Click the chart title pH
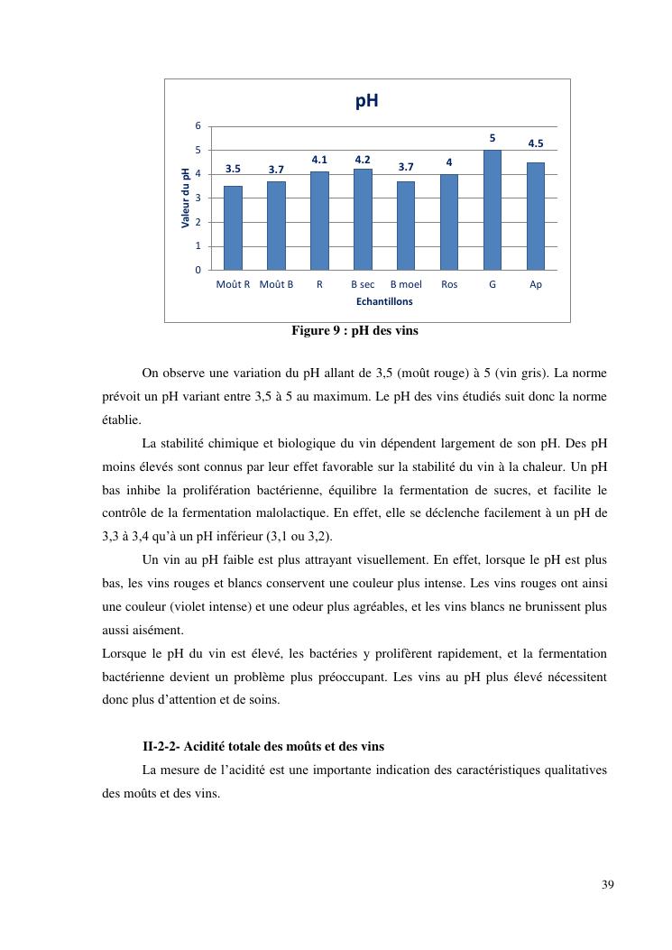point(366,101)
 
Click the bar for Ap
point(536,217)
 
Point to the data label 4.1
point(319,160)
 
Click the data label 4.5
point(536,143)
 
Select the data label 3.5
point(233,169)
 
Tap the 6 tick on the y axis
point(198,125)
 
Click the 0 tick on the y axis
point(198,270)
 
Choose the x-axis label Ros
point(449,284)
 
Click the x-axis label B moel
point(406,284)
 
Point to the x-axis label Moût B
point(276,284)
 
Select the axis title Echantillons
point(384,301)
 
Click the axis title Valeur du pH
point(186,198)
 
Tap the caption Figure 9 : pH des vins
point(354,331)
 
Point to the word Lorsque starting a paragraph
point(123,653)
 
